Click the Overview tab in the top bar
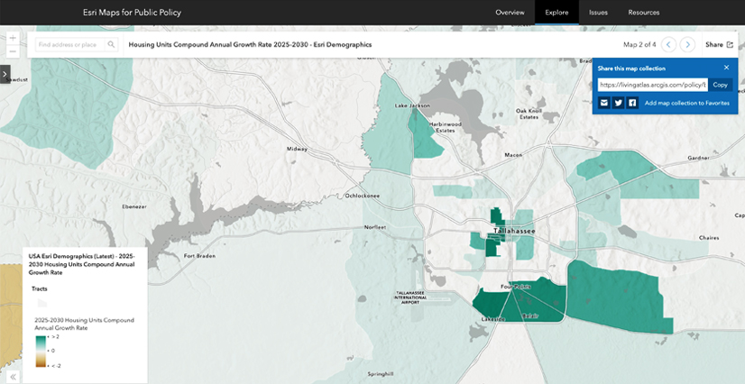pyautogui.click(x=510, y=13)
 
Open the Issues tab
pyautogui.click(x=598, y=13)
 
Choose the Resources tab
pyautogui.click(x=644, y=13)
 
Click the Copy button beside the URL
pyautogui.click(x=720, y=85)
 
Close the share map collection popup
pyautogui.click(x=726, y=68)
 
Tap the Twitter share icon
pyautogui.click(x=619, y=103)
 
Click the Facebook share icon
pyautogui.click(x=632, y=103)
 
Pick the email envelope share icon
pyautogui.click(x=604, y=103)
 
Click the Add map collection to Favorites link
pyautogui.click(x=686, y=103)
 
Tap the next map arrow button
pyautogui.click(x=687, y=44)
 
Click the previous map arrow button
pyautogui.click(x=668, y=44)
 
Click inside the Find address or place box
pyautogui.click(x=70, y=44)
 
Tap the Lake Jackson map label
pyautogui.click(x=413, y=105)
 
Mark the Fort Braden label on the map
pyautogui.click(x=199, y=255)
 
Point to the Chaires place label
pyautogui.click(x=709, y=238)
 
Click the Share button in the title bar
pyautogui.click(x=719, y=44)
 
